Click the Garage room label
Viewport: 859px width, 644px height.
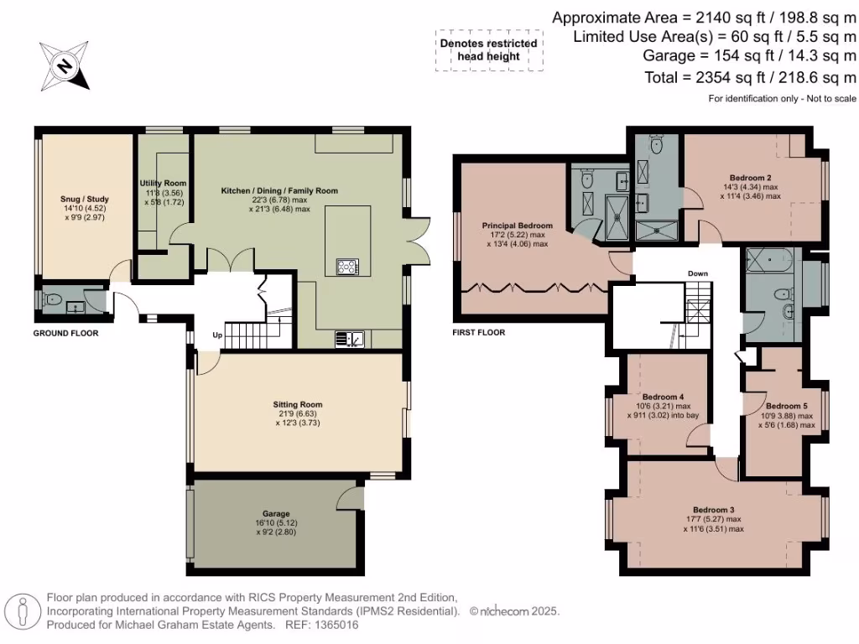276,513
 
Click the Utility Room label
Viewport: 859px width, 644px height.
163,183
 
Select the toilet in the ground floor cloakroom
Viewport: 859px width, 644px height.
54,299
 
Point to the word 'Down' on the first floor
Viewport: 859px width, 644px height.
698,273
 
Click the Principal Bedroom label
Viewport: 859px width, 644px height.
517,226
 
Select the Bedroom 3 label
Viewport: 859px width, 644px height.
713,510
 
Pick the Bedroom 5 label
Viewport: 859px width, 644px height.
786,406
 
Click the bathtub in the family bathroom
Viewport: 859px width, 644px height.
771,260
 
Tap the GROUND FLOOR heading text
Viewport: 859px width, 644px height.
65,333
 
